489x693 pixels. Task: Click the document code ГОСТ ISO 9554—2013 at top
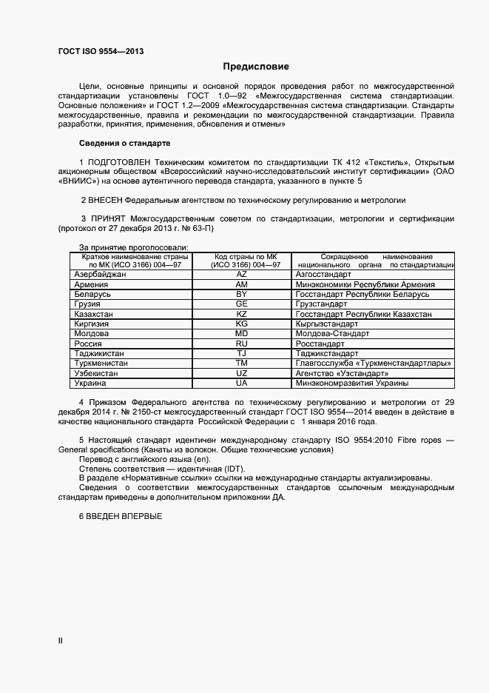pos(101,51)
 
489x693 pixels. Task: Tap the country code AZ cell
pos(241,274)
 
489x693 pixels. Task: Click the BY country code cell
pos(241,294)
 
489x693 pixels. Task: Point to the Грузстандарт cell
pos(321,304)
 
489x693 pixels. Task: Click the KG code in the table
pos(241,324)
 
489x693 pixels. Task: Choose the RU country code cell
pos(241,344)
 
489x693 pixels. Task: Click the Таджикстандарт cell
pos(326,354)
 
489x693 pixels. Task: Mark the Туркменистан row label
pos(101,364)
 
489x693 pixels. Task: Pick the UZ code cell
pos(241,374)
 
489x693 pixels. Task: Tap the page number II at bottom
pos(61,640)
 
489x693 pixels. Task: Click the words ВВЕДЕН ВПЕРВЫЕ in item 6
pos(124,515)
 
